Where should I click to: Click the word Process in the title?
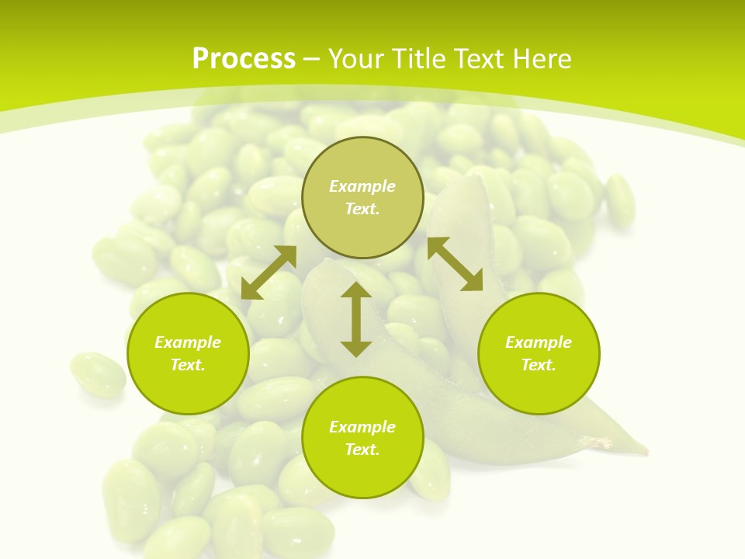point(244,59)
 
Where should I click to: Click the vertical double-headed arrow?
point(356,319)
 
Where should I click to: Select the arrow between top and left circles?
point(269,273)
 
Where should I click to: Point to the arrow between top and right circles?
point(455,264)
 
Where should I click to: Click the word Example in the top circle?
point(362,186)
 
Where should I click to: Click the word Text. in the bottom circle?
point(362,450)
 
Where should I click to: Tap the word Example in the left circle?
point(188,342)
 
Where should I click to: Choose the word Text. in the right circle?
point(539,365)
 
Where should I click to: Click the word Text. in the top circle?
point(362,209)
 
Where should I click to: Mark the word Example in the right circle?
point(539,342)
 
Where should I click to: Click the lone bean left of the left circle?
point(98,374)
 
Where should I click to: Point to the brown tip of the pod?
point(602,443)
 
